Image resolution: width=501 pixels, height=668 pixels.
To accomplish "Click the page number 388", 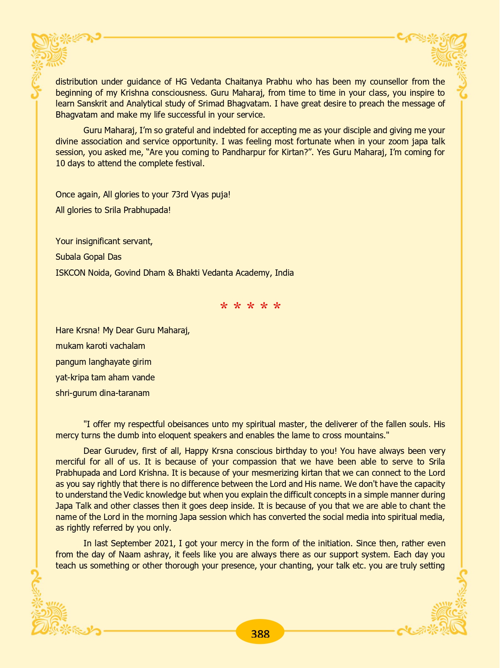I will click(260, 633).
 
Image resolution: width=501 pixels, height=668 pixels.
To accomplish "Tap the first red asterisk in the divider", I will click(224, 307).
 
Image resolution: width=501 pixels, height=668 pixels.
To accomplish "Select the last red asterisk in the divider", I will click(277, 307).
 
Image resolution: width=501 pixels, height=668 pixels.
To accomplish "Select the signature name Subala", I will click(69, 257).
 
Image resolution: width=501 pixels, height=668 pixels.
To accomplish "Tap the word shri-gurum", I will click(76, 393).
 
